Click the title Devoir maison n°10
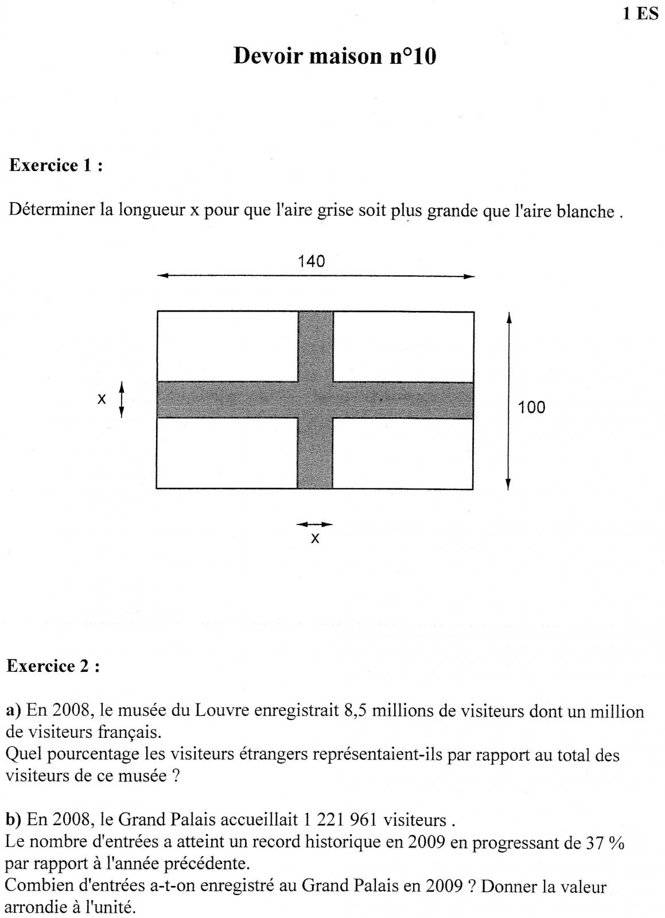click(335, 56)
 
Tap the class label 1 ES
click(640, 14)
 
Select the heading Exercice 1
click(56, 166)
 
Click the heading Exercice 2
click(53, 666)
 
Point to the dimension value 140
click(311, 262)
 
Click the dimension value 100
click(531, 408)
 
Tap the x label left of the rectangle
click(102, 399)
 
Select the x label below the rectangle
click(314, 538)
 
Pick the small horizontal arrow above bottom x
click(314, 524)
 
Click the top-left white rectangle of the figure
click(227, 346)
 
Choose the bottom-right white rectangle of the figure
click(403, 453)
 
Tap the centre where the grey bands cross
click(315, 400)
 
